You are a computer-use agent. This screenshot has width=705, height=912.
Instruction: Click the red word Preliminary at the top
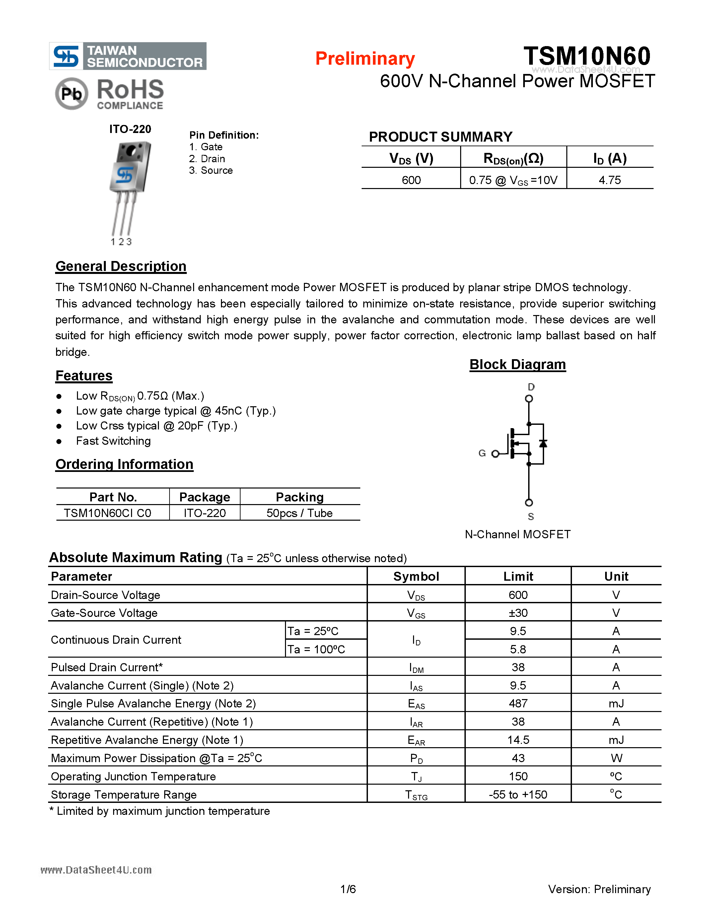coord(365,59)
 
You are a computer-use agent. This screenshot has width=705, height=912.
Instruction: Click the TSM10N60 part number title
coord(587,56)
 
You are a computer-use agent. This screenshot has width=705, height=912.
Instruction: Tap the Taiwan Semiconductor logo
coord(128,56)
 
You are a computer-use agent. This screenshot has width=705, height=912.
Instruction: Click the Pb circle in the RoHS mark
coord(71,94)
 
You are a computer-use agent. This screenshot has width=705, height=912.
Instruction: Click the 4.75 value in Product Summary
coord(609,180)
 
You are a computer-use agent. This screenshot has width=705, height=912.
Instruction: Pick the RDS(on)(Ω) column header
coord(513,159)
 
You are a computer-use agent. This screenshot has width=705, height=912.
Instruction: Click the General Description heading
coord(121,266)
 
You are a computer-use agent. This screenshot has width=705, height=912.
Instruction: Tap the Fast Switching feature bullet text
coord(113,441)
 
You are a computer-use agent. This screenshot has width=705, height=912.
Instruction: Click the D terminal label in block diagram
coord(531,387)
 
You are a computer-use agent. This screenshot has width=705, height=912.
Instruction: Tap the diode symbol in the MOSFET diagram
coord(543,443)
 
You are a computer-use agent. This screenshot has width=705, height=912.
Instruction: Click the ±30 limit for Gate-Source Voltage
coord(518,613)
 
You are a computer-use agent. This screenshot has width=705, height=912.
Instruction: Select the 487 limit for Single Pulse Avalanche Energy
coord(518,703)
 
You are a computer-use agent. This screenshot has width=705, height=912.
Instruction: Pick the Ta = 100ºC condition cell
coord(316,649)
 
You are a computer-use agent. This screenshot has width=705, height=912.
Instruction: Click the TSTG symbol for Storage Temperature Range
coord(416,795)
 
